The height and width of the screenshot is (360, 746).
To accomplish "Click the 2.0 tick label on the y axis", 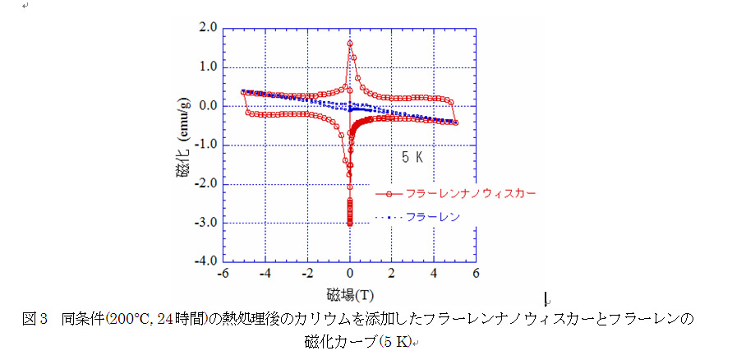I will click(208, 27).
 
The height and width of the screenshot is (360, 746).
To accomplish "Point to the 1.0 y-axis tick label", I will click(208, 66).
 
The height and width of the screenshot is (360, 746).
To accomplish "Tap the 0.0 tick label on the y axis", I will click(208, 105).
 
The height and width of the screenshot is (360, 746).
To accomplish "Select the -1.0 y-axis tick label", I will click(205, 145).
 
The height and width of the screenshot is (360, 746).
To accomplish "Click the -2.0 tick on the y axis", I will click(205, 183).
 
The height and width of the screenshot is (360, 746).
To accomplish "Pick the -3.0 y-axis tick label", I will click(205, 223).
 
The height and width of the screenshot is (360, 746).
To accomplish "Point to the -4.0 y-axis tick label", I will click(205, 261).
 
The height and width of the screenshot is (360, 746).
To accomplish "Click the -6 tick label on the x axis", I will click(222, 274).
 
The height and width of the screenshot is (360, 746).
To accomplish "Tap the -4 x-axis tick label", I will click(265, 274).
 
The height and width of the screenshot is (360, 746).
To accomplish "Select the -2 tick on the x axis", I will click(306, 274).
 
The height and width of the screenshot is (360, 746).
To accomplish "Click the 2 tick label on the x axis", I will click(392, 274).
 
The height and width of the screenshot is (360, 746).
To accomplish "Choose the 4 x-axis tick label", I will click(434, 274).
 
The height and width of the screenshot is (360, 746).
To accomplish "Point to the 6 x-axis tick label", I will click(477, 274).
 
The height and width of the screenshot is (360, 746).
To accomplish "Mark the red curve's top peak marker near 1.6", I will click(350, 43).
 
